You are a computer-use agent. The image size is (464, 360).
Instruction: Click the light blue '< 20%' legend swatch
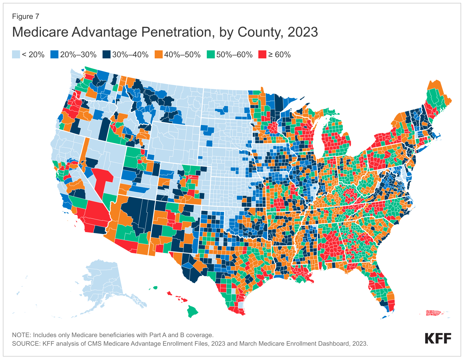[x=16, y=55]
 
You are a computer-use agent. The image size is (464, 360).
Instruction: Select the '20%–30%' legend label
[x=78, y=55]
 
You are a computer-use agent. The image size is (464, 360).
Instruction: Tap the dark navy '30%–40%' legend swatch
[x=106, y=55]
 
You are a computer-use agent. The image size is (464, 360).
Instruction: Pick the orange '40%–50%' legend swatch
[x=158, y=55]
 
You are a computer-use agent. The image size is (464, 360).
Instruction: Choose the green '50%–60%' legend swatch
[x=211, y=55]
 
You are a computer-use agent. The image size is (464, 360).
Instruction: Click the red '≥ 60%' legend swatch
[x=262, y=55]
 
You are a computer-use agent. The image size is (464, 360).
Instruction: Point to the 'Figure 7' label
[x=25, y=17]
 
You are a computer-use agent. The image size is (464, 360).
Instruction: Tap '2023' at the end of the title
[x=303, y=32]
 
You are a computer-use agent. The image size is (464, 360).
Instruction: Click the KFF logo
[x=438, y=338]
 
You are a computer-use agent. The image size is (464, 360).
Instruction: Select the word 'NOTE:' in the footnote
[x=22, y=335]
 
